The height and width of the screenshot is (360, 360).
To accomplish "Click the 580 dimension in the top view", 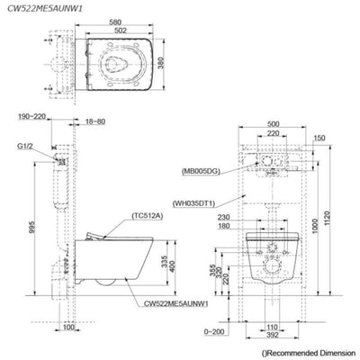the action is (115, 22).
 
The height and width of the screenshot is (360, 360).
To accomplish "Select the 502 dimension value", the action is (121, 31).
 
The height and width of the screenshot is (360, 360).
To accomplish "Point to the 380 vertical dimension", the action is (161, 64).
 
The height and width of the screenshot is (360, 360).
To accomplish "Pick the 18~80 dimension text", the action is (95, 121).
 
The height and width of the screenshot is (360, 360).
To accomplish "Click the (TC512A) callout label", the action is (147, 216).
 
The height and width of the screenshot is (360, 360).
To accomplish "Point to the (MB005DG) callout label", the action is (201, 171).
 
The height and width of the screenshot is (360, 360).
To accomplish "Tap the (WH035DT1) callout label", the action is (194, 203).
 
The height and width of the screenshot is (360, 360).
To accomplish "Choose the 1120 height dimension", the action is (327, 220).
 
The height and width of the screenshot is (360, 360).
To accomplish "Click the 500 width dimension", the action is (273, 124).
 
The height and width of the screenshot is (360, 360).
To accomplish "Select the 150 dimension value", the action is (319, 138).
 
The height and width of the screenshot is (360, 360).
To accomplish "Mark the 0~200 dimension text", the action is (214, 331).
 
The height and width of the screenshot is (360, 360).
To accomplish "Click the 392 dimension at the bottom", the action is (273, 335).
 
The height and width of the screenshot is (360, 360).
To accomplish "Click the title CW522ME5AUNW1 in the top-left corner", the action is (45, 8).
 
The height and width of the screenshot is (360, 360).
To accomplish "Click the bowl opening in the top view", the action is (117, 64).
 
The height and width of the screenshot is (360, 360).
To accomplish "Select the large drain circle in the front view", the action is (273, 267).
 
